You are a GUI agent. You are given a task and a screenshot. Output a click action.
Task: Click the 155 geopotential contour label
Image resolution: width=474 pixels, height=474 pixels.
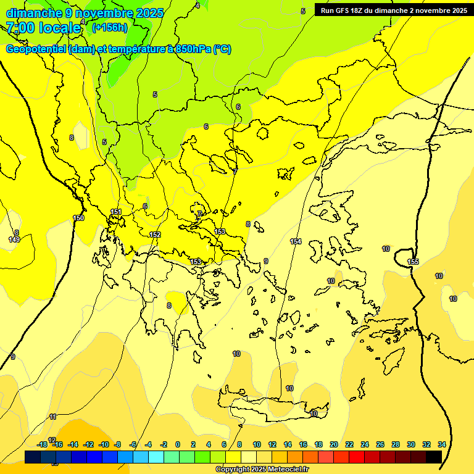tap(413, 262)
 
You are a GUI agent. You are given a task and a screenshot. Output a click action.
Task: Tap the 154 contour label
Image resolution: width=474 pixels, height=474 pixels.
tap(296, 241)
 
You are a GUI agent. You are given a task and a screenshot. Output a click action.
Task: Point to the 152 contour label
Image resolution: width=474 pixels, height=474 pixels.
tap(155, 235)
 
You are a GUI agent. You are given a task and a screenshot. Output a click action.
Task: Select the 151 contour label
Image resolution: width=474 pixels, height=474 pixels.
tap(116, 212)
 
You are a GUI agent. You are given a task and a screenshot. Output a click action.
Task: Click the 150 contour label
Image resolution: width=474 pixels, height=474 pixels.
tap(78, 218)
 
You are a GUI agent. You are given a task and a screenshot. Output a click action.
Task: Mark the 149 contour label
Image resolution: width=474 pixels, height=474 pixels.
tap(14, 239)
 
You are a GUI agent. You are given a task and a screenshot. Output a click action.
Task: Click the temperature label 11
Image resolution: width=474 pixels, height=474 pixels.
tap(53, 417)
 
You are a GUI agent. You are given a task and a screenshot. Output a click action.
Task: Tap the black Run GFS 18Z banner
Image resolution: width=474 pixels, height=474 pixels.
tap(393, 10)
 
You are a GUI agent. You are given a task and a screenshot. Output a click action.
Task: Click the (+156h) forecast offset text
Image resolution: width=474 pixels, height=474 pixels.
tap(109, 27)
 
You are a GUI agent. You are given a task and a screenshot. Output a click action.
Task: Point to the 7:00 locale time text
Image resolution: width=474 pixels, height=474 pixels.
tap(44, 28)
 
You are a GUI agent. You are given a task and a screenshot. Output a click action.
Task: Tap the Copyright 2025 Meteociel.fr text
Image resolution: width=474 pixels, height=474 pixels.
tap(262, 470)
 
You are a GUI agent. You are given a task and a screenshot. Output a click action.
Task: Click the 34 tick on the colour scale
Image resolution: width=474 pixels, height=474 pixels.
tap(442, 444)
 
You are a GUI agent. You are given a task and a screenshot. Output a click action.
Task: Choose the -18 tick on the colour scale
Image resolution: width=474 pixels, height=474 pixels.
tap(42, 444)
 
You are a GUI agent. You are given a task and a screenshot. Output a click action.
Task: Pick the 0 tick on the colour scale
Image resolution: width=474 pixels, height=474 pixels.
tap(178, 444)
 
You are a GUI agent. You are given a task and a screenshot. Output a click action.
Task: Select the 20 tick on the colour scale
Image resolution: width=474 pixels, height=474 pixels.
tap(334, 444)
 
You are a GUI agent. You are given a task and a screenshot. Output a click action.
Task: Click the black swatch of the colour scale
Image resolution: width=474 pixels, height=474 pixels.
tap(434, 457)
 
